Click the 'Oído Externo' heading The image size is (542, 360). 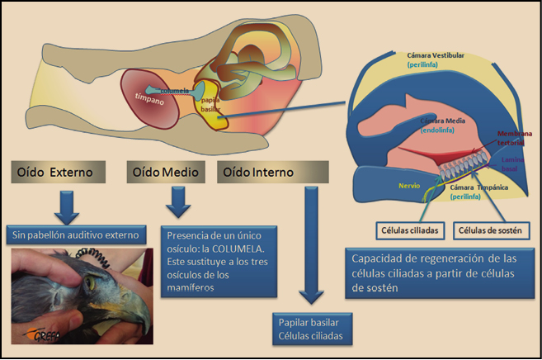[x=57, y=173]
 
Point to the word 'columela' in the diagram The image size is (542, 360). [x=177, y=90]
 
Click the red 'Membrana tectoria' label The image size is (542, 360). [x=512, y=138]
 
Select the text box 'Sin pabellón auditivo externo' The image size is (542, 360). [x=75, y=235]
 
